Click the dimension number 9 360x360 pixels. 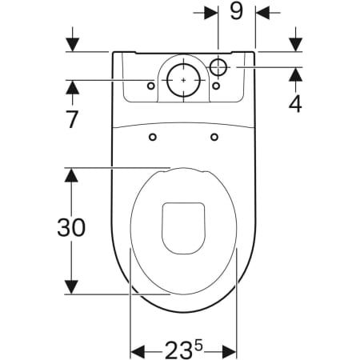237,11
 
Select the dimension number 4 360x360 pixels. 295,103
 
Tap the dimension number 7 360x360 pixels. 72,119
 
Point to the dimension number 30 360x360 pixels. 71,227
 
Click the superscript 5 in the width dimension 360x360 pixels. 198,346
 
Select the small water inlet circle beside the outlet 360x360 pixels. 218,67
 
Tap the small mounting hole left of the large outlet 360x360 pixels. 151,86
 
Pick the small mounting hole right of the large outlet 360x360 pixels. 216,86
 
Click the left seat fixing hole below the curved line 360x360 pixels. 153,137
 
